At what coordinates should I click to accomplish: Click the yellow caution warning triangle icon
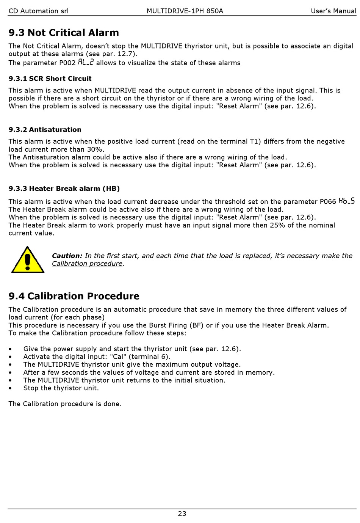27,260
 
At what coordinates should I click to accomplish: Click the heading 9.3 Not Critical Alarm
64,33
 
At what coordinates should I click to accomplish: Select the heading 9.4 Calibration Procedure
74,296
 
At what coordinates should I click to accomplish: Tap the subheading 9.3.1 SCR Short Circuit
50,79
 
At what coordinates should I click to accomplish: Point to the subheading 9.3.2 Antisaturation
45,130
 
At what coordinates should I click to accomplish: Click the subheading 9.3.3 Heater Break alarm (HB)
64,188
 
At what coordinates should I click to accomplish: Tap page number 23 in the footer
182,514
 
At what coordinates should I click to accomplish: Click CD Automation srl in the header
39,11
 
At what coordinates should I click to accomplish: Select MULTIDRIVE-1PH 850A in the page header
185,11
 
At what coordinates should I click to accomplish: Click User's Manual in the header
333,11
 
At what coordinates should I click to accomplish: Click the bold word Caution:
67,256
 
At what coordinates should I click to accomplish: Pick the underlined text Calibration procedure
87,264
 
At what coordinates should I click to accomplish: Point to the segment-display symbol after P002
86,62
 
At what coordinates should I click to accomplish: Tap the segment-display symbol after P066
347,201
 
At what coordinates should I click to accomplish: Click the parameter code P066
328,202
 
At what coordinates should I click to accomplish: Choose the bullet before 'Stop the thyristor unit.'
10,388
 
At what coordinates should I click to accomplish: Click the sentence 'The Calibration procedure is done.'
65,404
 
